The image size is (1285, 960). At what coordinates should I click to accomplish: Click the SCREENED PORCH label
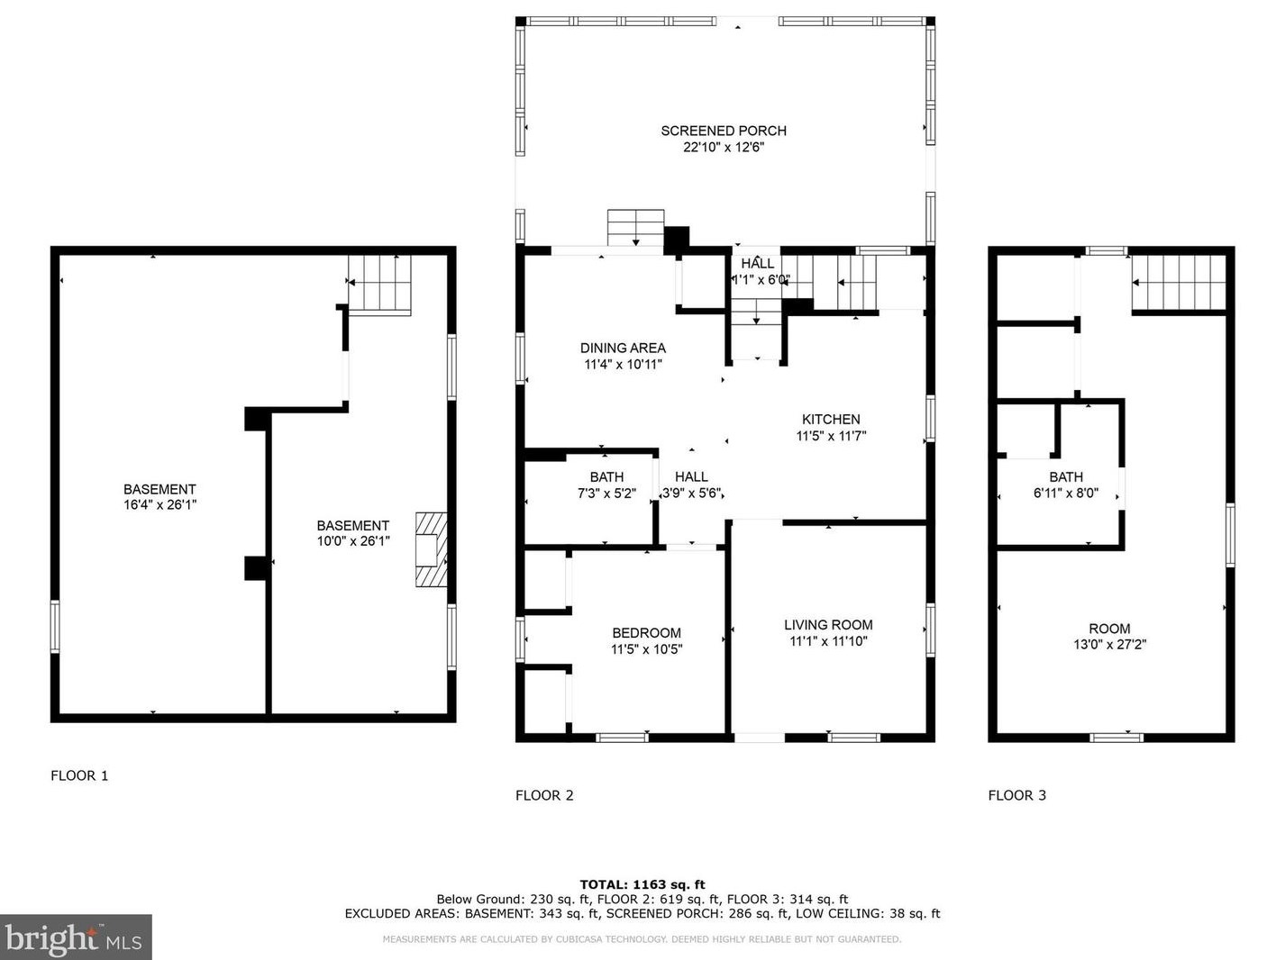point(723,131)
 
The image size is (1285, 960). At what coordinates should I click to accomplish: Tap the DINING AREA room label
point(623,348)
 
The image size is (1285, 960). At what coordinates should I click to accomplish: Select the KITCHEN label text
point(831,419)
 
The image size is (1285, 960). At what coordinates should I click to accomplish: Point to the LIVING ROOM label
point(828,624)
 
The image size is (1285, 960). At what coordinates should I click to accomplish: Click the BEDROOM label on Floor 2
point(646,632)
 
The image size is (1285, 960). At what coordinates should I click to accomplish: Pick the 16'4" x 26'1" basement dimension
point(159,505)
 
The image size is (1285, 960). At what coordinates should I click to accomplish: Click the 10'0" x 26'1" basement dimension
point(352,541)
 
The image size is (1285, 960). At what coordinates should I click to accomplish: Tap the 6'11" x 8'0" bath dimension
point(1065,493)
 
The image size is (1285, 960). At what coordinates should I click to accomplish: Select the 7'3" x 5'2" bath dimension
point(606,494)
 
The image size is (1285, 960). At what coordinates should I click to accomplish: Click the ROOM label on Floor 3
point(1108,629)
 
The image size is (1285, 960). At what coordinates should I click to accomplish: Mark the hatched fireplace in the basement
point(431,549)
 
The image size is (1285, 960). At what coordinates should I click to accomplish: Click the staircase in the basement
point(379,284)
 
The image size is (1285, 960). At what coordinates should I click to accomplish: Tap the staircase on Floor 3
point(1180,283)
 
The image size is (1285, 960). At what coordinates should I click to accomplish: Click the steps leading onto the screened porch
point(635,227)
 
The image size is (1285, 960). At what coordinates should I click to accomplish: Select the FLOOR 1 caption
point(79,775)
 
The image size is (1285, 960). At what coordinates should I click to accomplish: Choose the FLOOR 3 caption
point(1016,795)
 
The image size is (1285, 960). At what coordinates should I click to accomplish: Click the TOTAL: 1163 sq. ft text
point(642,884)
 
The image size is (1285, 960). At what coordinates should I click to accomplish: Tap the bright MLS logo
point(76,937)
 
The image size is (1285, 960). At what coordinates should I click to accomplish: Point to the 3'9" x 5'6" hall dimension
point(692,494)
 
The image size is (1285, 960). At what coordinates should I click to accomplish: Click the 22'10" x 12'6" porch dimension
point(723,147)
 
